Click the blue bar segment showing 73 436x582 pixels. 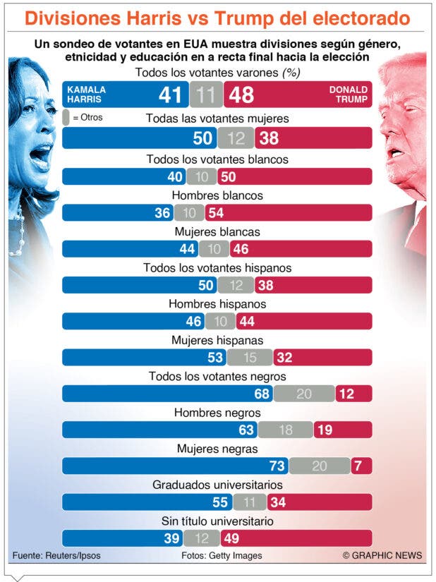[x=175, y=466]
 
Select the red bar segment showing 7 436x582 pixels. [x=362, y=466]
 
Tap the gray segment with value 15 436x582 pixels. [x=250, y=358]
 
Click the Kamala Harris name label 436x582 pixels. [x=86, y=95]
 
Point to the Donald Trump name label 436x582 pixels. [x=349, y=95]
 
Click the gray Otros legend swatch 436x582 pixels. [x=66, y=117]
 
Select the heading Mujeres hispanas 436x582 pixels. [x=217, y=340]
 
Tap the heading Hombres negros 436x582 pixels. [x=217, y=413]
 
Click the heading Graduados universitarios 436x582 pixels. [x=217, y=485]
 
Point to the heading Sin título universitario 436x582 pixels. [x=217, y=521]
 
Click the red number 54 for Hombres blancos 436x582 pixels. [x=216, y=213]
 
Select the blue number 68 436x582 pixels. [x=262, y=394]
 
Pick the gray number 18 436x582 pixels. [x=286, y=430]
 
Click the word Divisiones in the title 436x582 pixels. [x=73, y=18]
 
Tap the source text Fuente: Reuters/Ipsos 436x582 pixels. [x=56, y=556]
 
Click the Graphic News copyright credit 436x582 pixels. [x=382, y=556]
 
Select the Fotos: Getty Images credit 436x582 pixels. [x=222, y=556]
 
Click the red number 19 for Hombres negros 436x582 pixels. [x=325, y=430]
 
